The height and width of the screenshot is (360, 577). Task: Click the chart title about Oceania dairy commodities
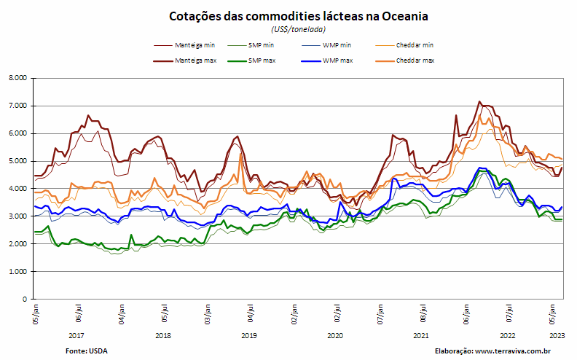298,16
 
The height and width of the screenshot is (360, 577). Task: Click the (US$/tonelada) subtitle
299,29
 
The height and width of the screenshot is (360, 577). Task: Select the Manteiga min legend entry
184,45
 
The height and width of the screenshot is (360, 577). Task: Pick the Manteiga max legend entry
185,60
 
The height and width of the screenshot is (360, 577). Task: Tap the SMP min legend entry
251,45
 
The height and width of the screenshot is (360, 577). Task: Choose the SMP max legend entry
251,60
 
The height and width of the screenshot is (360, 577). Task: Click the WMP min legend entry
326,45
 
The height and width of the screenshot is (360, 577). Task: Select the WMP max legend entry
327,60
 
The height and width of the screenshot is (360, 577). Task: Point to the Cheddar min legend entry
404,45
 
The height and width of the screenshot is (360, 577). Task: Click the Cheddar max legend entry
405,60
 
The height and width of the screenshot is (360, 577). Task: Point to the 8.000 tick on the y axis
19,78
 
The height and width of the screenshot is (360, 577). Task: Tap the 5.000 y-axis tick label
19,161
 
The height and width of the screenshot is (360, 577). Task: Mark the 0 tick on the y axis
25,299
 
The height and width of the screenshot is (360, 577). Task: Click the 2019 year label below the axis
249,336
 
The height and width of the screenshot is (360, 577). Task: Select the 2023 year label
557,336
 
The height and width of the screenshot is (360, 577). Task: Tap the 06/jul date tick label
79,313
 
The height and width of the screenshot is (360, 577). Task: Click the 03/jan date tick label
208,314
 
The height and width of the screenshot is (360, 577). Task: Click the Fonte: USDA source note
87,351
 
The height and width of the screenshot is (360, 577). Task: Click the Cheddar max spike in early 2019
240,154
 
